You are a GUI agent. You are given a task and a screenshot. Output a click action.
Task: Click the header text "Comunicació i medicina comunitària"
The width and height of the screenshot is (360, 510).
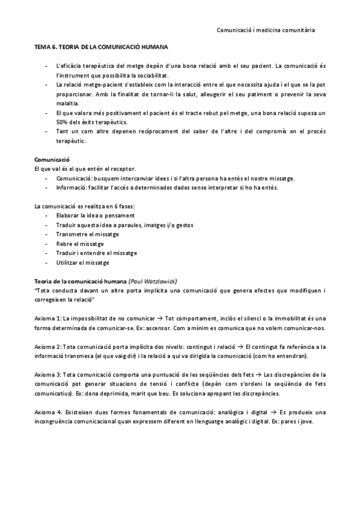[x=265, y=29]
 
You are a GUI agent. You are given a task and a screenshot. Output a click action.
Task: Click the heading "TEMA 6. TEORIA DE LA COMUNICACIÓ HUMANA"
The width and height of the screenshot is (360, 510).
[x=101, y=46]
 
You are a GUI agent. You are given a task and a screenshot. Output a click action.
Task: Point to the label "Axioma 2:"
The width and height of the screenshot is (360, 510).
[x=49, y=347]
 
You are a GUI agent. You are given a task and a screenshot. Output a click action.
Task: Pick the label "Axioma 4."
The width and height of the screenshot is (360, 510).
[x=49, y=412]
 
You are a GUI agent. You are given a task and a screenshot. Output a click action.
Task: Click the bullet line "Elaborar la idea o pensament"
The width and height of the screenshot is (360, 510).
[x=95, y=215]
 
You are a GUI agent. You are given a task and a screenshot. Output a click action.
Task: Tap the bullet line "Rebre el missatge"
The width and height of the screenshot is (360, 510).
[x=79, y=244]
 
